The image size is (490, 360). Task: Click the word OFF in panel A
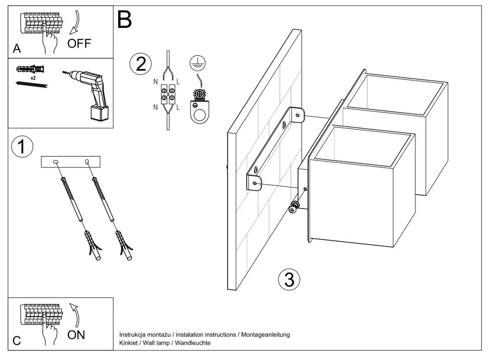[79, 44]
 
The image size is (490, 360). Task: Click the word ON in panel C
[76, 335]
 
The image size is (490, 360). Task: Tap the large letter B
[124, 20]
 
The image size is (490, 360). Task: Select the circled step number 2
[140, 63]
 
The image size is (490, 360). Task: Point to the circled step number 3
[289, 279]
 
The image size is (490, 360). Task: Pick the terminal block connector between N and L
[167, 94]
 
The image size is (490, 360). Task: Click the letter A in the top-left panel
[17, 49]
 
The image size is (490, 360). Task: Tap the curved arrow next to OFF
[75, 25]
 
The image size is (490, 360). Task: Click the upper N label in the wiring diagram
[156, 82]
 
